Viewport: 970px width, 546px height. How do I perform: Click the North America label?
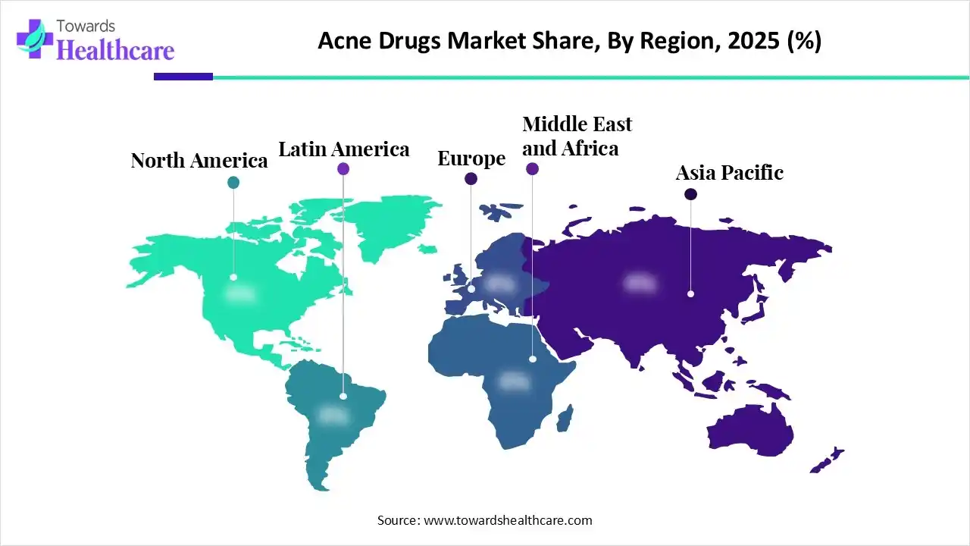click(199, 161)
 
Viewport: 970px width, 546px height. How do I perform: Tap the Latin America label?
click(343, 149)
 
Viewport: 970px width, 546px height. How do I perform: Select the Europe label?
click(471, 158)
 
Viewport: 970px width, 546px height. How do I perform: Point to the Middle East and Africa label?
click(577, 136)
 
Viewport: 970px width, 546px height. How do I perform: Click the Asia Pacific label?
click(729, 173)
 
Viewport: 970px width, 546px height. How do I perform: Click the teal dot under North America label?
click(233, 182)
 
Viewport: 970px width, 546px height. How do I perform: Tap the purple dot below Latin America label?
click(343, 169)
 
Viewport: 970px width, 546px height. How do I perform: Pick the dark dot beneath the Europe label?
click(471, 179)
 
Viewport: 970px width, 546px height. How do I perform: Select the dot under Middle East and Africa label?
click(532, 169)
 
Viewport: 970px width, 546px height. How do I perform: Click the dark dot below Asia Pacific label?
click(690, 195)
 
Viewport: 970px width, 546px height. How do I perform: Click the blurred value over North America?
click(241, 294)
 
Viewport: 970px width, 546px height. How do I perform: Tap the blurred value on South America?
click(333, 415)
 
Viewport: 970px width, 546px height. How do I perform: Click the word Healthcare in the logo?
click(115, 50)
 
